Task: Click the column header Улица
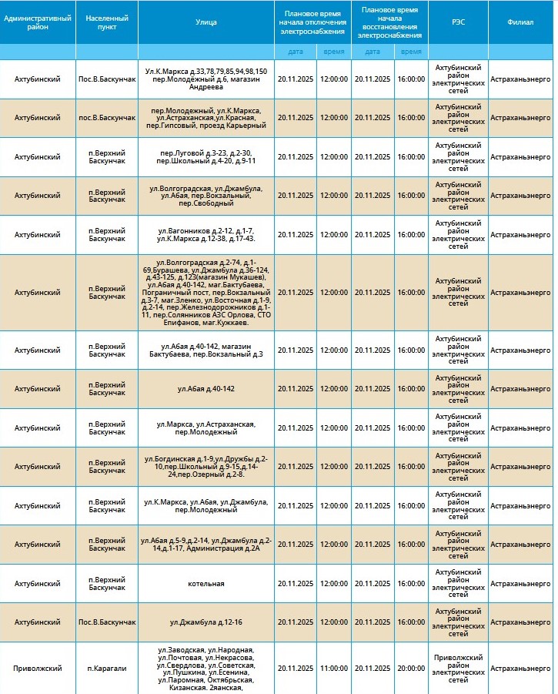click(206, 22)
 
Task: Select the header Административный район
click(38, 22)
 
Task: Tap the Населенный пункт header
click(107, 22)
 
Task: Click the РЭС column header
click(458, 22)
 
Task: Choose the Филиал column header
click(521, 22)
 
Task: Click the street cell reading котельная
click(206, 584)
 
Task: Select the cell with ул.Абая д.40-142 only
click(206, 389)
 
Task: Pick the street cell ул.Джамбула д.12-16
click(206, 622)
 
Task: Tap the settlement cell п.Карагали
click(107, 669)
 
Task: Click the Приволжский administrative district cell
click(38, 669)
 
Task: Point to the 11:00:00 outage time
click(334, 669)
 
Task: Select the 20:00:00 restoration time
click(411, 669)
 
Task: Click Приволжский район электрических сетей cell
click(458, 669)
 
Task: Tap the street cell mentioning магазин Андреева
click(206, 79)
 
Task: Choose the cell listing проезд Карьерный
click(206, 118)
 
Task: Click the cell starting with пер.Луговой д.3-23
click(206, 157)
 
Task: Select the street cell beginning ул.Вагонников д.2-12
click(206, 235)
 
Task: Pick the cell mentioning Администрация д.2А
click(206, 545)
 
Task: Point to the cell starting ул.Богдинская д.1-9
click(206, 467)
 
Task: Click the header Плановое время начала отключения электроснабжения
click(313, 22)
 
